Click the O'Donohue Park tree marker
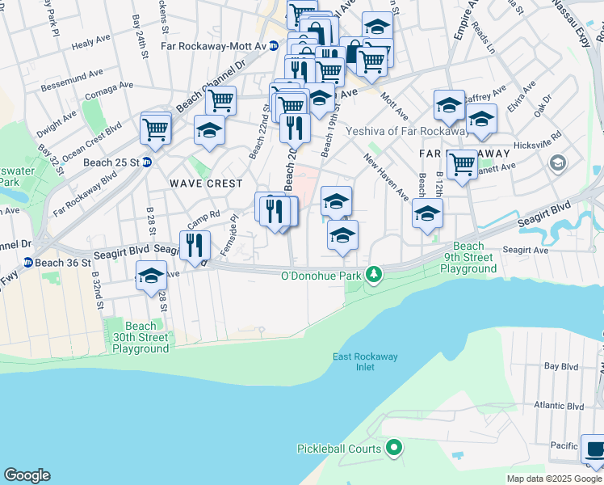tap(373, 275)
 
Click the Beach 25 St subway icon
tap(147, 162)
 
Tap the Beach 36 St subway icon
tap(27, 263)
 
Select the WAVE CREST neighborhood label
tap(206, 183)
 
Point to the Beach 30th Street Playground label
tap(136, 337)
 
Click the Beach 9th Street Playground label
tap(468, 257)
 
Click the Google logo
tap(27, 475)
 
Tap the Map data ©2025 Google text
tap(553, 479)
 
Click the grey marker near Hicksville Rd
tap(557, 163)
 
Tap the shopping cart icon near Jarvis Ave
tap(462, 164)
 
